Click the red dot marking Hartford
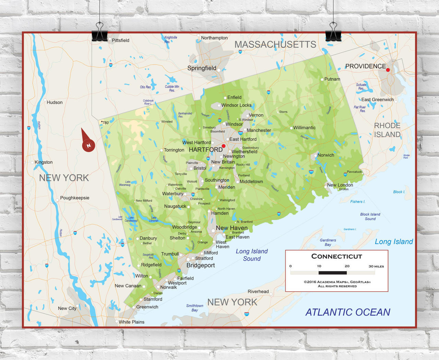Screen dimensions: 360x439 click(224, 146)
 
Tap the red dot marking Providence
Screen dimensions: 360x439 click(388, 70)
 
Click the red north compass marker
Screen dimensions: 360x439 click(88, 145)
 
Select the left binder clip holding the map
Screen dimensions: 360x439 click(100, 33)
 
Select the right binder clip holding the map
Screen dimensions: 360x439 click(333, 33)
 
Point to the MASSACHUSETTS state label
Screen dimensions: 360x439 click(275, 45)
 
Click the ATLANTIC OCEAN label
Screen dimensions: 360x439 click(348, 312)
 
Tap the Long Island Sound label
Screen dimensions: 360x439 click(252, 255)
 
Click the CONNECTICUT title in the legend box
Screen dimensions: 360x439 click(336, 256)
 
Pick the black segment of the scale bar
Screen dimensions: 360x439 click(332, 273)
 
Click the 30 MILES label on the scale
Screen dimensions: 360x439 click(376, 266)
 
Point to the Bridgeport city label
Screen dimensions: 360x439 click(201, 265)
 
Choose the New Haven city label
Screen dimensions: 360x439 click(232, 228)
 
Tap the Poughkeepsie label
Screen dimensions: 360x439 click(74, 198)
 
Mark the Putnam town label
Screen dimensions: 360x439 click(332, 79)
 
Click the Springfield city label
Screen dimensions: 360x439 click(202, 68)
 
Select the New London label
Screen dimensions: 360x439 click(340, 185)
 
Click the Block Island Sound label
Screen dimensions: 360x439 click(370, 217)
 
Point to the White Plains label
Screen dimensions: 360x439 click(131, 322)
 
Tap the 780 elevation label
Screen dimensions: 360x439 click(105, 123)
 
